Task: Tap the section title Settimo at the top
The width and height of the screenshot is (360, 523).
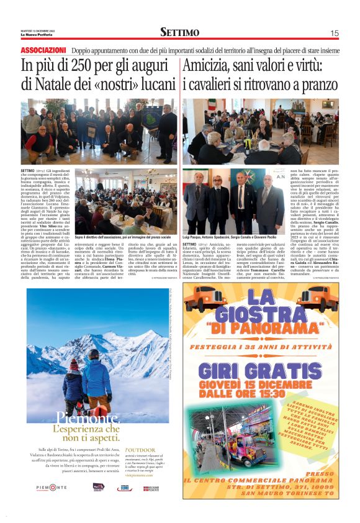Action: [x=180, y=32]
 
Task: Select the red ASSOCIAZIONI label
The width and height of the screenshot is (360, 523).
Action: [x=43, y=50]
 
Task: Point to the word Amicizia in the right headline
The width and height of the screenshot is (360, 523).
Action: [x=211, y=65]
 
